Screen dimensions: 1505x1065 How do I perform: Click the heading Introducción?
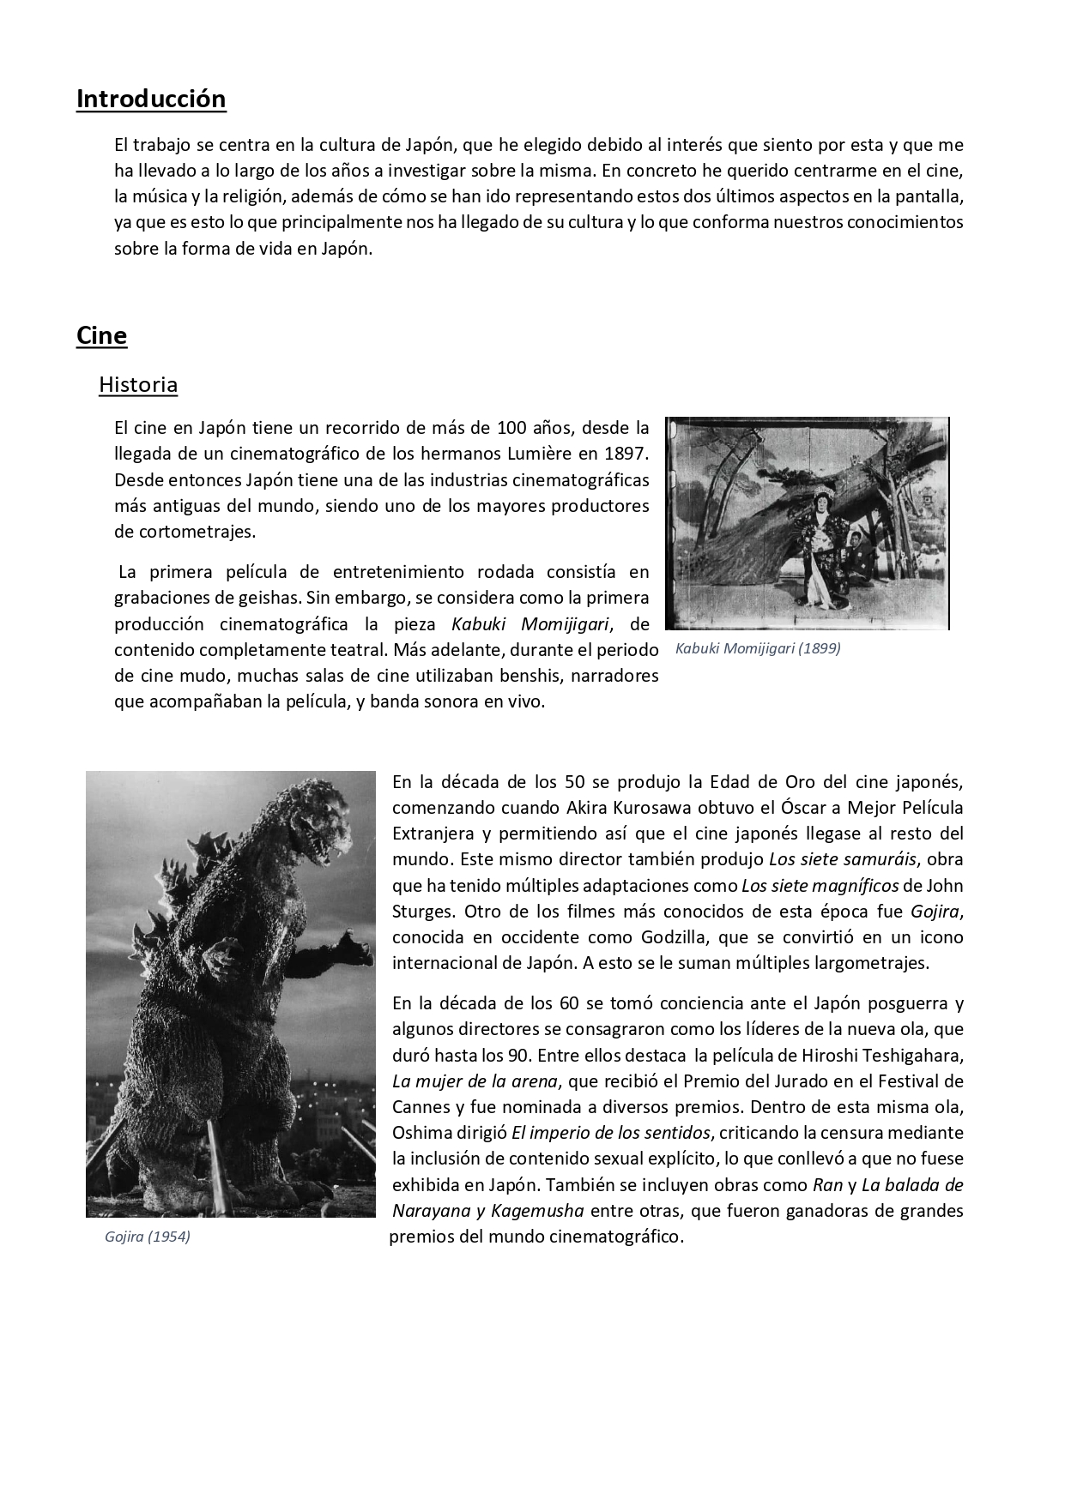pos(151,99)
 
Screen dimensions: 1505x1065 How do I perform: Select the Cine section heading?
pos(101,335)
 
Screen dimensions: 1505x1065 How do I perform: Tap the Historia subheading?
pos(138,384)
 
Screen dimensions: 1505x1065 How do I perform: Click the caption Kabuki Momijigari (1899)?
pos(758,648)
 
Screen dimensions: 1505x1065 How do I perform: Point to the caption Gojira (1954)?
pos(147,1237)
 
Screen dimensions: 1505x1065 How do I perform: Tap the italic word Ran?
pos(826,1185)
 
